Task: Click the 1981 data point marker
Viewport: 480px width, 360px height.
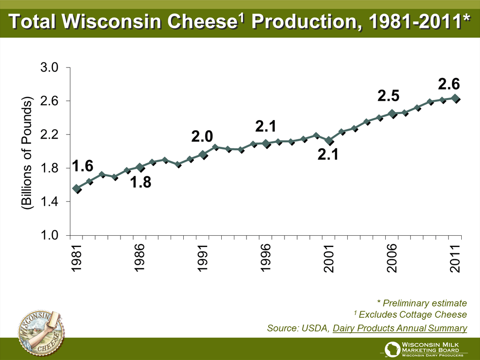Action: pos(76,188)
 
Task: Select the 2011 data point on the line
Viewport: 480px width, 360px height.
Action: pos(455,98)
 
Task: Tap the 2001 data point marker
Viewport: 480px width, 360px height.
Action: pos(329,141)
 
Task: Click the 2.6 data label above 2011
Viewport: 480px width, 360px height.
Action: pos(449,84)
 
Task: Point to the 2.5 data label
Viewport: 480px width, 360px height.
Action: pos(389,96)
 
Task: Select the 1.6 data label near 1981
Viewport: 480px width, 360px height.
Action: pos(82,166)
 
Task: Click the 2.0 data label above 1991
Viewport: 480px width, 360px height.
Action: pos(202,136)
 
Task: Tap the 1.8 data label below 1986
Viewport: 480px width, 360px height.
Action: pos(141,183)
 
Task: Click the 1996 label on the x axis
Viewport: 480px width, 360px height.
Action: pos(266,258)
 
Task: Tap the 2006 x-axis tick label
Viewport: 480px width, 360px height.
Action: pos(392,258)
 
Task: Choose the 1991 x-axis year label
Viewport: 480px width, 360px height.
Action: pos(202,258)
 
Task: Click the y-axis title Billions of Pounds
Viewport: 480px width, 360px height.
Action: pos(26,152)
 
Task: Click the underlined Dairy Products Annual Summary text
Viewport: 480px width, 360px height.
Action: pos(400,328)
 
